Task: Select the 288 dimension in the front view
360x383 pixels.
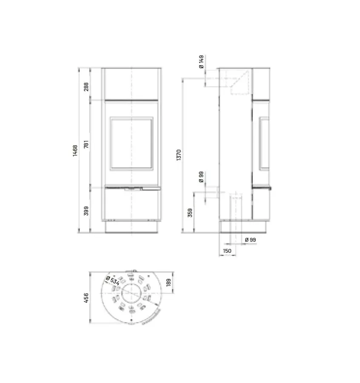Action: click(x=86, y=87)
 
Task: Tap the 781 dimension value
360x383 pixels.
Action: click(x=86, y=144)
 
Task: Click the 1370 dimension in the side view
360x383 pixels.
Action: click(x=179, y=154)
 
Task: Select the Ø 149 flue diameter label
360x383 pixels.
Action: click(x=201, y=63)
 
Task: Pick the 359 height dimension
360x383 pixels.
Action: click(x=190, y=212)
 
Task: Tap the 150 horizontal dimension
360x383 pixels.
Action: click(x=227, y=251)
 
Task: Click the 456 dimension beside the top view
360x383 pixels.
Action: click(x=86, y=297)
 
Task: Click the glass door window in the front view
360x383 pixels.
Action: click(x=132, y=144)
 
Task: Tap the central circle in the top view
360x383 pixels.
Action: click(x=131, y=294)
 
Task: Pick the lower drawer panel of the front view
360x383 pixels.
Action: click(x=132, y=205)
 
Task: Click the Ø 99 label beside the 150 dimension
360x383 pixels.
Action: click(x=251, y=240)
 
